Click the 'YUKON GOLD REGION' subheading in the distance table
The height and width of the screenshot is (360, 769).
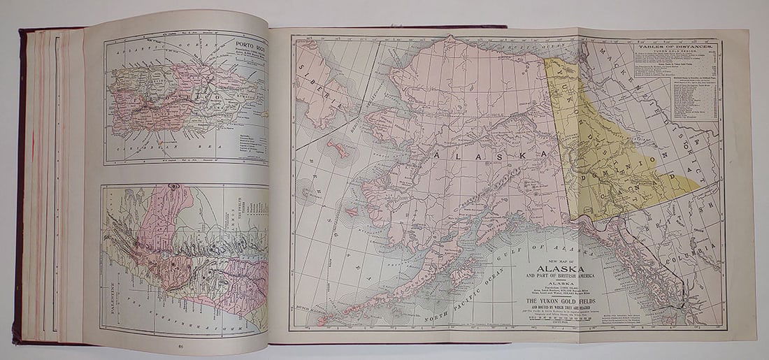(x=675, y=52)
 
